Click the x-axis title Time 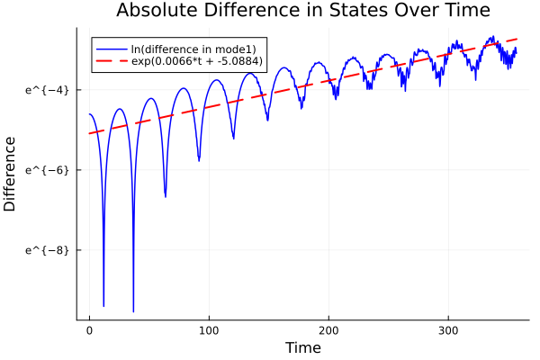302,347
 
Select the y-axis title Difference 10,174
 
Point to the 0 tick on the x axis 89,330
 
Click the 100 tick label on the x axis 210,330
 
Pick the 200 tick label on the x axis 329,330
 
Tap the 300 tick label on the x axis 450,330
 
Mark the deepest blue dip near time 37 133,311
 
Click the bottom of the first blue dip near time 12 103,306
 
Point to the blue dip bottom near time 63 165,195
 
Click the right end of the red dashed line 517,39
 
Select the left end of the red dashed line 89,134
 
